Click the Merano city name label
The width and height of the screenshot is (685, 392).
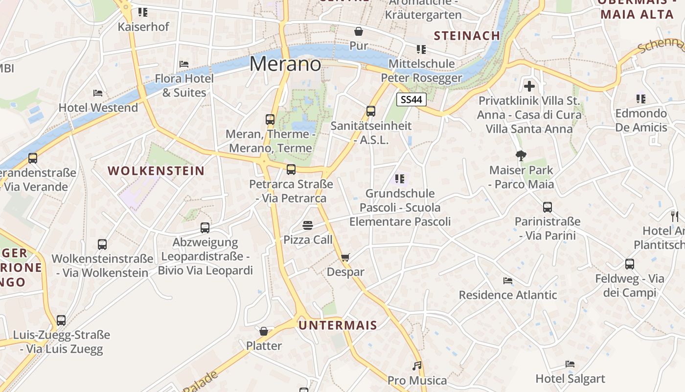click(x=285, y=64)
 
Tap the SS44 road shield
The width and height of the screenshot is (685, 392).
click(x=411, y=100)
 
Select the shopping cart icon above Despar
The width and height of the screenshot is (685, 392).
click(x=345, y=257)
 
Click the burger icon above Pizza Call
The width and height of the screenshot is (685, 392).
click(x=308, y=225)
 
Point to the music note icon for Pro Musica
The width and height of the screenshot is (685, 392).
click(x=417, y=366)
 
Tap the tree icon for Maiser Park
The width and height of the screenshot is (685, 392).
click(x=521, y=156)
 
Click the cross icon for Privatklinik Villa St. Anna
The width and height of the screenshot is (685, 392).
click(x=529, y=86)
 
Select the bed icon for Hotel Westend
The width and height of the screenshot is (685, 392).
click(x=98, y=93)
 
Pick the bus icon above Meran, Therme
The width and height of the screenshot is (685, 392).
click(x=270, y=119)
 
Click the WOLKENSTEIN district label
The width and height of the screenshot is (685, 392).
click(x=156, y=171)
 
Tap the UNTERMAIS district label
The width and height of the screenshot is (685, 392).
click(x=338, y=325)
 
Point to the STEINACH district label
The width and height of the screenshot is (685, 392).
click(x=467, y=35)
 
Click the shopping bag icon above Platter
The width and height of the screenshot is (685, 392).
click(x=264, y=331)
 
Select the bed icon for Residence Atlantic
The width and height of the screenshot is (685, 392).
click(x=508, y=281)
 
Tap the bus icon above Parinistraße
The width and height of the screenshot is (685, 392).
click(x=548, y=207)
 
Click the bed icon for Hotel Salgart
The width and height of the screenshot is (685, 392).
click(x=570, y=364)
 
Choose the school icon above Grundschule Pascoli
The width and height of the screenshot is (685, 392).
click(x=400, y=179)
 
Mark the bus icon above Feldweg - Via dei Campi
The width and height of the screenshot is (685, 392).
click(x=630, y=264)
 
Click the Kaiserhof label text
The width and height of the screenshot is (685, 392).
click(x=143, y=26)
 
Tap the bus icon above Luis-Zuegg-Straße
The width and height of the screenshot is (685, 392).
click(x=61, y=320)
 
